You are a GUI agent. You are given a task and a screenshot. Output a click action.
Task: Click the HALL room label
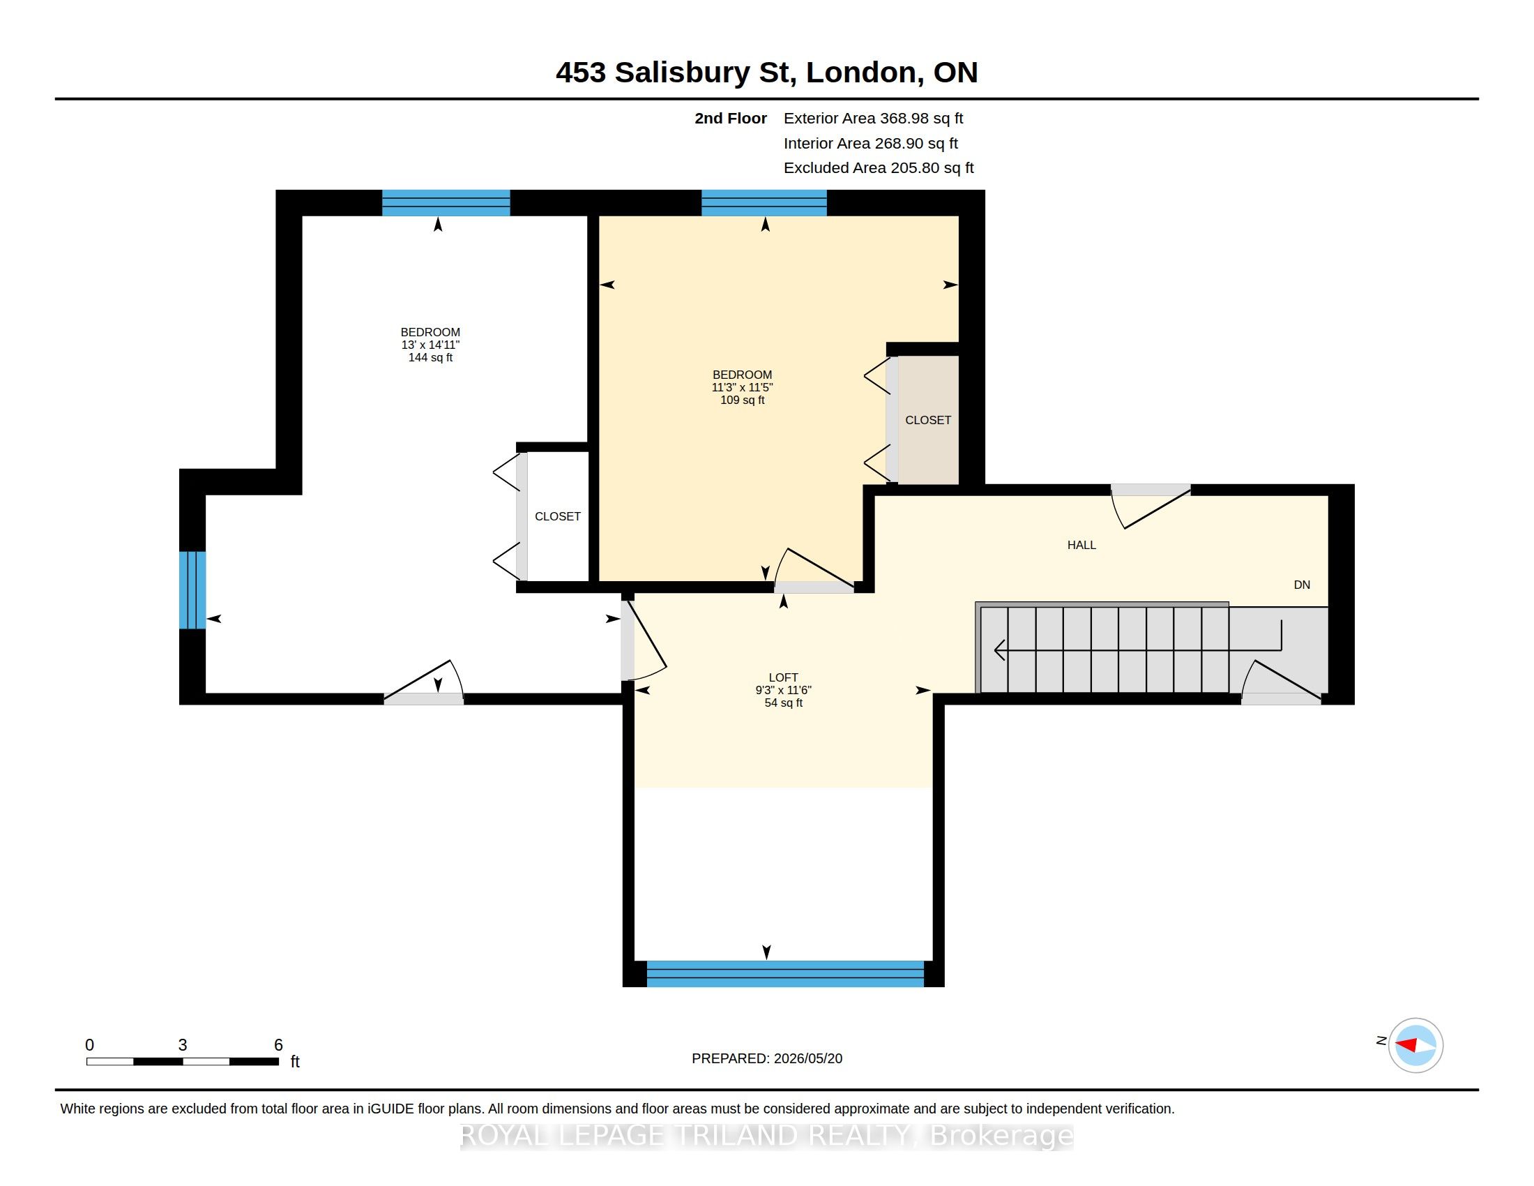click(x=1081, y=545)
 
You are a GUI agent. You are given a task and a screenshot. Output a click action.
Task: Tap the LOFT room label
click(x=783, y=677)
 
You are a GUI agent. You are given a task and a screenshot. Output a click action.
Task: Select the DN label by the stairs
click(x=1302, y=585)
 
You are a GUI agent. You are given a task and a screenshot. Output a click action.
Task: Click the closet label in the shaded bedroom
click(x=928, y=420)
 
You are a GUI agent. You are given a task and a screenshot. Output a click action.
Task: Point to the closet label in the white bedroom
click(x=558, y=516)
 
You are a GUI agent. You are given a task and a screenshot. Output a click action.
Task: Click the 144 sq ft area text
click(x=430, y=358)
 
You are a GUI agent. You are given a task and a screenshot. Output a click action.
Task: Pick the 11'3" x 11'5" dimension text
click(x=743, y=387)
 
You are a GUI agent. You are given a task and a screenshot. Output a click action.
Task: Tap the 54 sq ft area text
click(x=783, y=703)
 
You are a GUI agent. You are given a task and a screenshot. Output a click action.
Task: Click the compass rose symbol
click(x=1415, y=1045)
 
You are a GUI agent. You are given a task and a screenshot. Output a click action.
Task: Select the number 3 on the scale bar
click(x=183, y=1045)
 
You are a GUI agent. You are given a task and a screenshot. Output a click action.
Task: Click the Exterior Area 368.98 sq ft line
click(x=873, y=119)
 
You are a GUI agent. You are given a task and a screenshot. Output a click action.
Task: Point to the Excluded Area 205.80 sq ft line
click(x=879, y=168)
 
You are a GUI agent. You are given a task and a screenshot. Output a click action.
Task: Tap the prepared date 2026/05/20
click(x=807, y=1058)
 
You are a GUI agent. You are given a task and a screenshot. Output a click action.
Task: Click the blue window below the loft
click(x=784, y=974)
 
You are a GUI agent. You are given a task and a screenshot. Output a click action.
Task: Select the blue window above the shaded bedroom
click(x=764, y=203)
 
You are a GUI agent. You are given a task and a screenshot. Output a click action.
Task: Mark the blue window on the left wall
click(x=192, y=590)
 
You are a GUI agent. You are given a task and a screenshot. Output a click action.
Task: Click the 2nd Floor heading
click(x=731, y=119)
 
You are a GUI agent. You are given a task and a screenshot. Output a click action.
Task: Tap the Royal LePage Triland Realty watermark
click(x=767, y=1135)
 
